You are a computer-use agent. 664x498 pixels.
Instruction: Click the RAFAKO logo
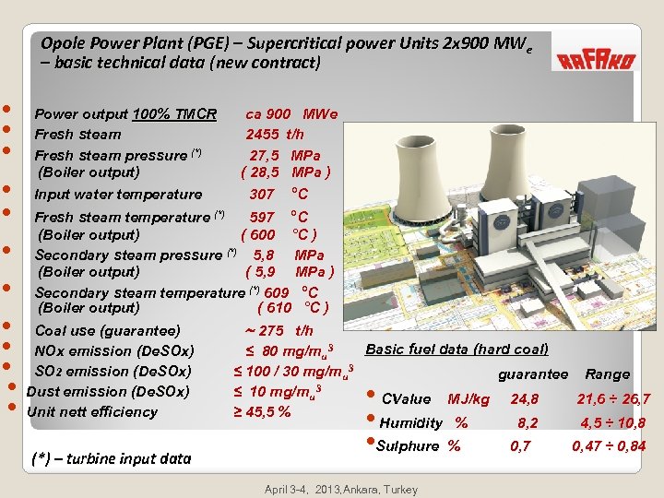(595, 60)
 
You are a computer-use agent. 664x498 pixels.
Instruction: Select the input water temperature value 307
(262, 195)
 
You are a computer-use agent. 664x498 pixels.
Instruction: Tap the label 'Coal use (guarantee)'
(107, 330)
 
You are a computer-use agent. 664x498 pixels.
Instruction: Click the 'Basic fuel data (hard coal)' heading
(456, 349)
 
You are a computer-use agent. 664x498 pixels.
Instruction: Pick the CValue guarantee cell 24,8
(524, 399)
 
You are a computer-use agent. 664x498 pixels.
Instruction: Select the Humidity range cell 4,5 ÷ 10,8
(611, 423)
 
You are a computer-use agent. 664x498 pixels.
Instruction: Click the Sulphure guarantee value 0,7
(521, 446)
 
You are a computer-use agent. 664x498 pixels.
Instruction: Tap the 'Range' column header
(607, 374)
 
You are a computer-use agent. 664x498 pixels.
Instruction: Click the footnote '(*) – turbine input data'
(111, 458)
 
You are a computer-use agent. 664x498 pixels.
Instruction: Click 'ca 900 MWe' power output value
(291, 114)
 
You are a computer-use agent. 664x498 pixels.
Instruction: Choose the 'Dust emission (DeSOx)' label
(108, 392)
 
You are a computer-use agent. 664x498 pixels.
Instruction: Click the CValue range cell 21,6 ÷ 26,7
(613, 399)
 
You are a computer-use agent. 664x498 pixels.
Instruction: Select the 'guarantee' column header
(533, 374)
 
